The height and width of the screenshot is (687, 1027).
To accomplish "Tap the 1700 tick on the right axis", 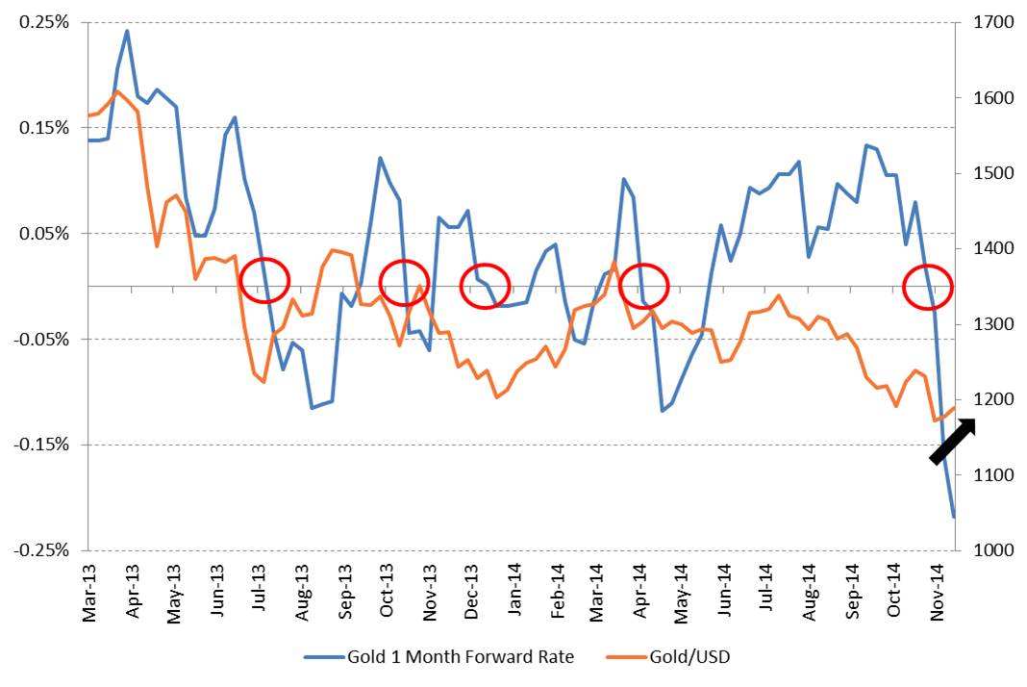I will pyautogui.click(x=980, y=22).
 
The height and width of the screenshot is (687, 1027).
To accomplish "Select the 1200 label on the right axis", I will pyautogui.click(x=980, y=399).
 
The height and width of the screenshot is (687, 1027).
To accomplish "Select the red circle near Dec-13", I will pyautogui.click(x=485, y=286).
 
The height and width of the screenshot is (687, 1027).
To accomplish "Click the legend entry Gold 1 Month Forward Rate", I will pyautogui.click(x=439, y=658).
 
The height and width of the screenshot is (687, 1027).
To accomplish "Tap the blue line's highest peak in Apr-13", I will pyautogui.click(x=127, y=31).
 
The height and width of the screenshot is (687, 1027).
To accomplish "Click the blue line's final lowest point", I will pyautogui.click(x=953, y=517).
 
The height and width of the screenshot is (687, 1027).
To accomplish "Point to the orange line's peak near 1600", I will pyautogui.click(x=117, y=91).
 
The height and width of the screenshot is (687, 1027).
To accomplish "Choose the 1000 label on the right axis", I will pyautogui.click(x=980, y=550).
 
